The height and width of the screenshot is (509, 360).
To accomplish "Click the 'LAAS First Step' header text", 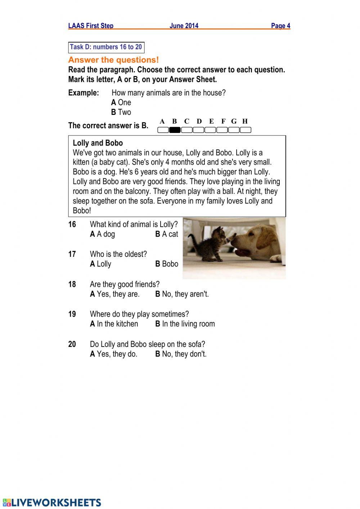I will coord(91,26).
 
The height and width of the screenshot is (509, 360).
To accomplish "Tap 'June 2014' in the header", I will coord(184,26).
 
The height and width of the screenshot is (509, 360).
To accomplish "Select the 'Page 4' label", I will coord(280,26).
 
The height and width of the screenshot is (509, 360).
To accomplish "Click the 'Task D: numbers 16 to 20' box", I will coord(106,47).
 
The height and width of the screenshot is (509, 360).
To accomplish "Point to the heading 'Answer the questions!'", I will coord(113,60).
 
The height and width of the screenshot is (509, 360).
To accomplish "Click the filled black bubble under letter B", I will coord(175,130).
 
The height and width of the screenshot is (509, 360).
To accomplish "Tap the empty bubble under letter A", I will coord(163,130).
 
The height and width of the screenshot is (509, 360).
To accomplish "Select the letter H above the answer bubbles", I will coord(245,121).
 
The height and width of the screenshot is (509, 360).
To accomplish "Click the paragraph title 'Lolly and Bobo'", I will coord(98,143).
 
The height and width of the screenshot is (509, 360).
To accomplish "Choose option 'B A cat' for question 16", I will coord(167,234).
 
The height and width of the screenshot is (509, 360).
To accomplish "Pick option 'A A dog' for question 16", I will coord(102,234).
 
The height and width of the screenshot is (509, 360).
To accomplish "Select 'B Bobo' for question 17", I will coord(167,264).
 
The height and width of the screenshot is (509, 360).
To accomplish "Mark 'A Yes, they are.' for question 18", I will coord(114,294).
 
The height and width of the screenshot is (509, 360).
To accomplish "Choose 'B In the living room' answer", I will coord(185,324).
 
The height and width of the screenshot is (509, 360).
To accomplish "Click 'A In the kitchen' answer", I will coord(114,324).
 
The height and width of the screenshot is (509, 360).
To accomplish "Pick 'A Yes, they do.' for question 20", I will coord(113,354).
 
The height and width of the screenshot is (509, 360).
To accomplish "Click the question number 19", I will coord(72,314).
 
